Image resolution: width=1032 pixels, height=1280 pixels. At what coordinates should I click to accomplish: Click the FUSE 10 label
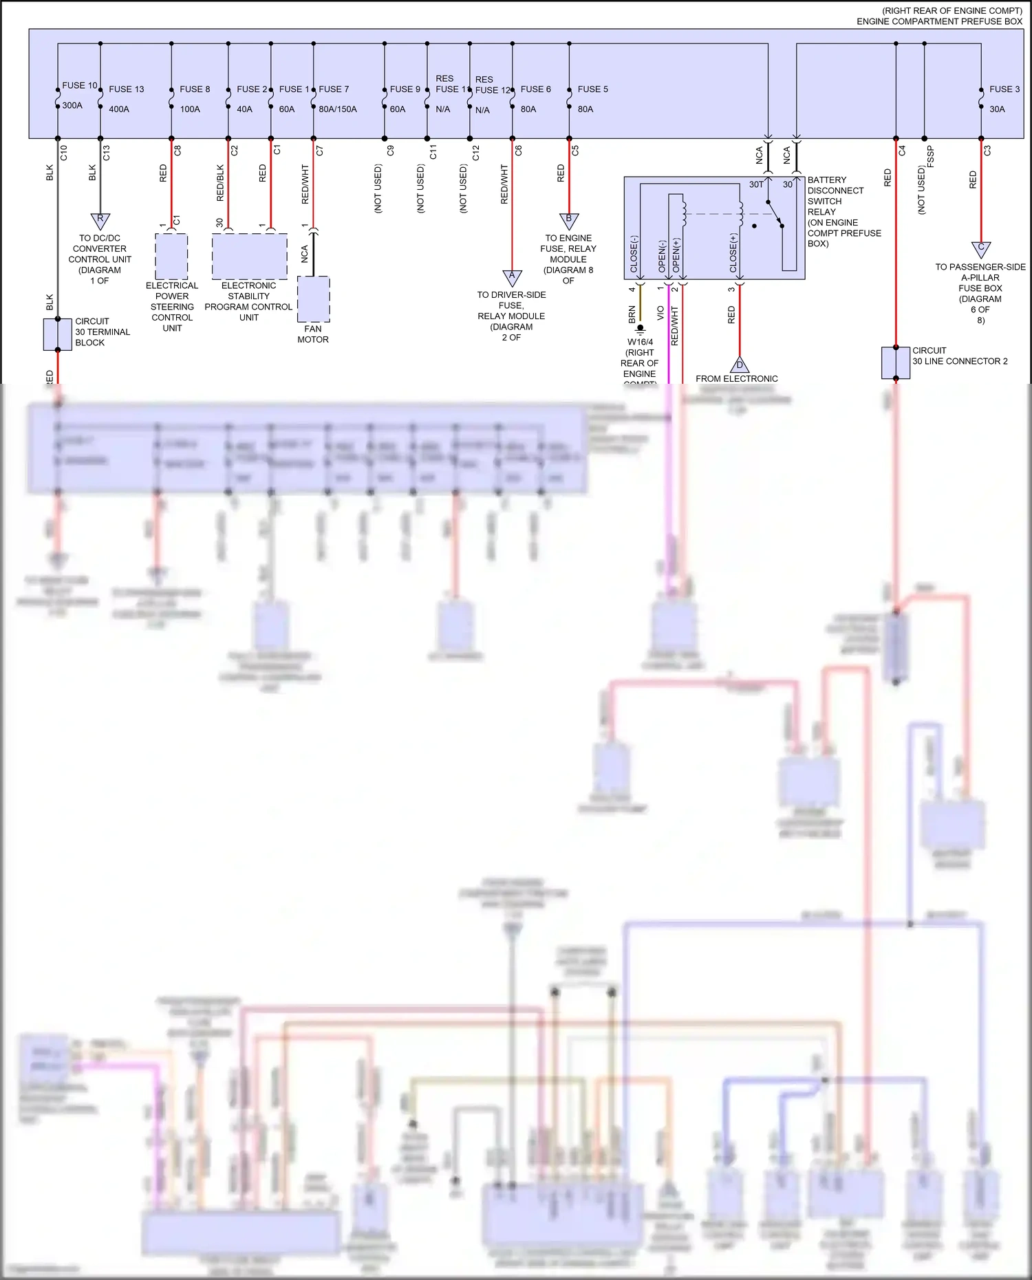coord(79,85)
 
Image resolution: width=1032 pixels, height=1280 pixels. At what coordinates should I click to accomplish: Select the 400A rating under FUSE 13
coord(118,109)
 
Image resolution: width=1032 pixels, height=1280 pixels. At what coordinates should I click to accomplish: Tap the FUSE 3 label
coord(1004,89)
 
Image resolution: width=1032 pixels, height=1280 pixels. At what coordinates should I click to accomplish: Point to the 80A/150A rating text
coord(337,109)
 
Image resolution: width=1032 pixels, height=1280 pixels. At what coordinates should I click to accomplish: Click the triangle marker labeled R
coord(100,220)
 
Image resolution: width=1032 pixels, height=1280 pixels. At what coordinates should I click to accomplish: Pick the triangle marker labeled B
coord(569,220)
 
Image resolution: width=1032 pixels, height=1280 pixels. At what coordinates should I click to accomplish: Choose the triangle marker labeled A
coord(512,276)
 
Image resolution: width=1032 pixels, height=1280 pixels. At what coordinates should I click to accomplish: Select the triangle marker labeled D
coord(740,365)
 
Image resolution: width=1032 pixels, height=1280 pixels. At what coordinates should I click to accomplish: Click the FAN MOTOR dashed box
coord(314,299)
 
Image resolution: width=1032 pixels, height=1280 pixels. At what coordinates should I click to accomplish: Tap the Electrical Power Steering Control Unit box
coord(171,256)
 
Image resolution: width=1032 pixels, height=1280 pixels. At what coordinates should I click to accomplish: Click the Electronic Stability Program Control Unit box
coord(249,256)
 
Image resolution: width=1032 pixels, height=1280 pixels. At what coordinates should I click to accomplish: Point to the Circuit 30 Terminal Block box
coord(58,334)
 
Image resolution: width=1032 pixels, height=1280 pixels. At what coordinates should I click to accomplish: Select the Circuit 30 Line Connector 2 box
coord(896,362)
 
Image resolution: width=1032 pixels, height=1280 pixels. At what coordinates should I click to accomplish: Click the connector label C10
coord(64,152)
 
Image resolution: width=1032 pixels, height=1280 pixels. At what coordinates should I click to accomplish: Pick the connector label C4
coord(902,150)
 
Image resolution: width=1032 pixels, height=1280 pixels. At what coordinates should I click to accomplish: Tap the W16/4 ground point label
coord(640,342)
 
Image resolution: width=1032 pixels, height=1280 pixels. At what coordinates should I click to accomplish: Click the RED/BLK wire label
coord(220,182)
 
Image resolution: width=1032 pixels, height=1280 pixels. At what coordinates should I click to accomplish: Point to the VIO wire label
coord(660,313)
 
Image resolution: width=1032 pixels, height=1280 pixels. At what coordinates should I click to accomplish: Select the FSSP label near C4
coord(930,156)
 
